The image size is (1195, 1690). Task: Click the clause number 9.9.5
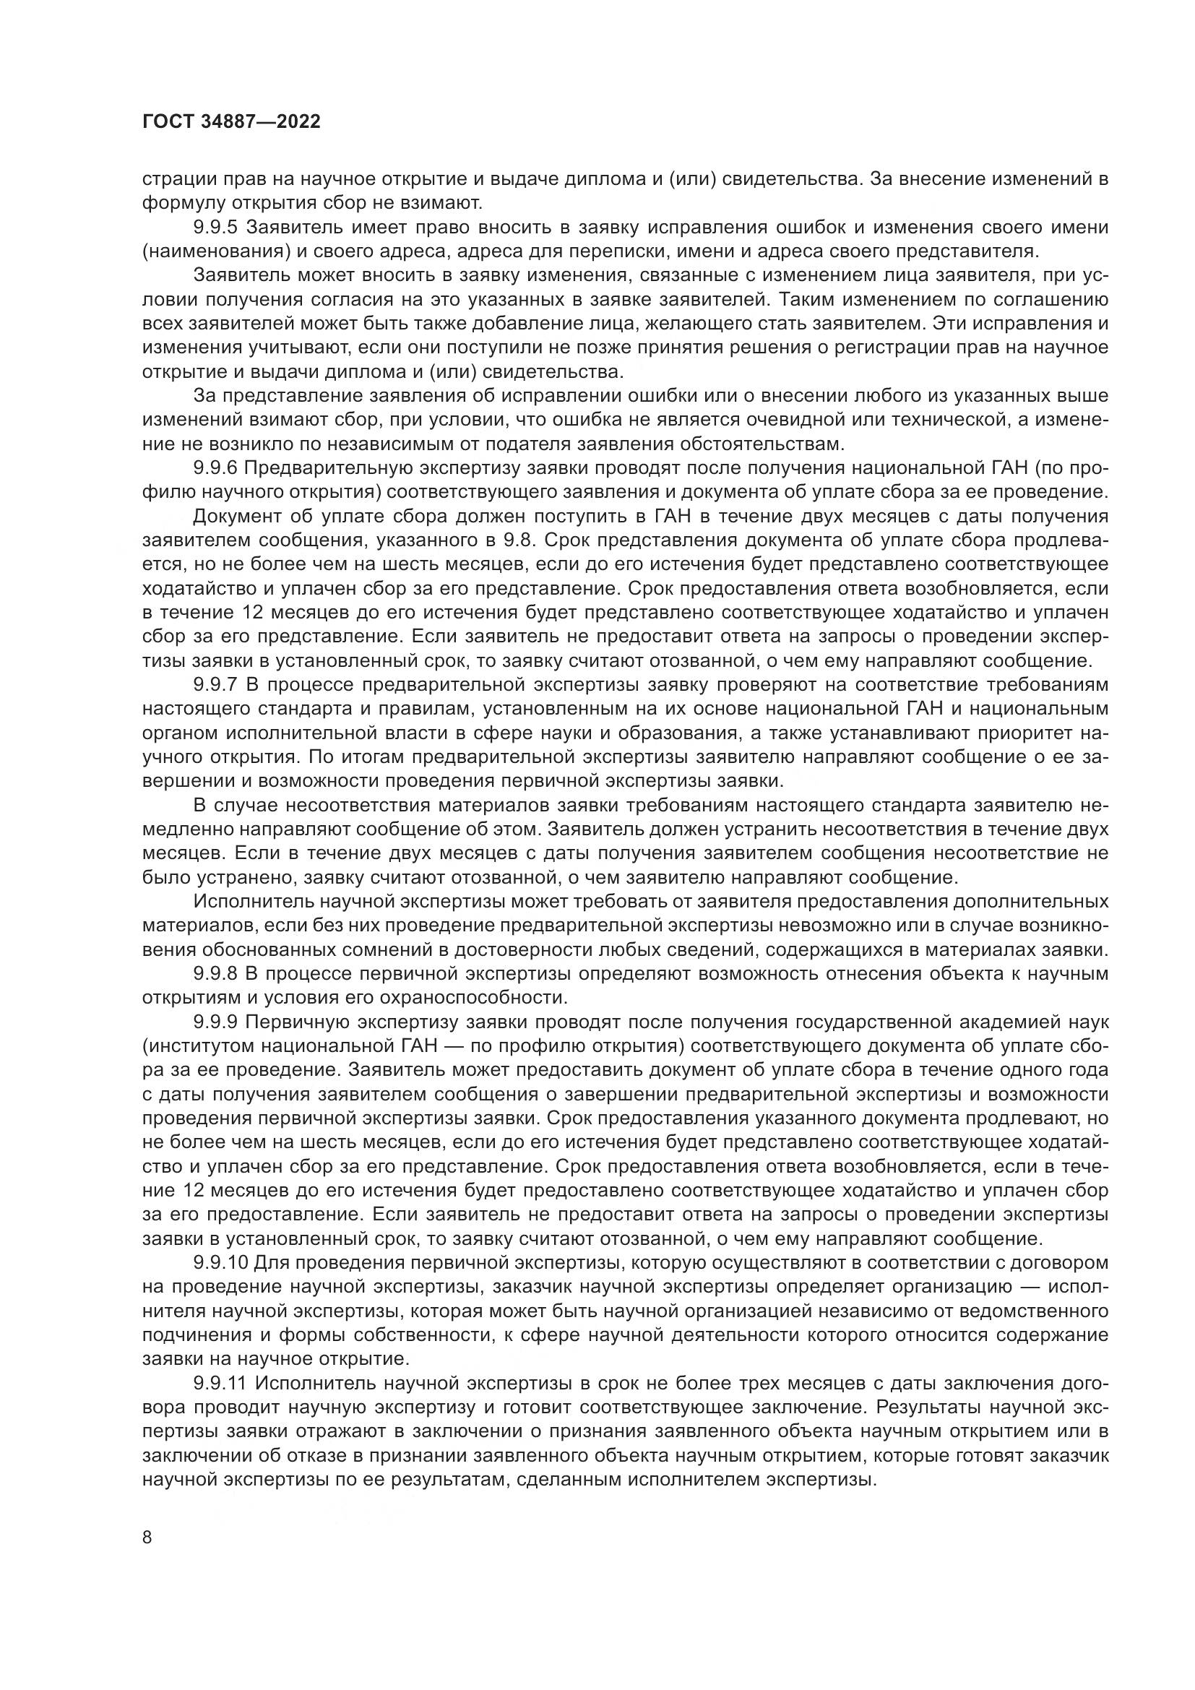(217, 228)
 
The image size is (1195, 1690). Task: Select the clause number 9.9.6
(217, 469)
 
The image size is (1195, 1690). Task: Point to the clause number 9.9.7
(217, 685)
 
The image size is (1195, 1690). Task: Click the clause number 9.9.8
(217, 975)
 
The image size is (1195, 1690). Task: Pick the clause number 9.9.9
(217, 1022)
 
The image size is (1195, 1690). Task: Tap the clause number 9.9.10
(222, 1263)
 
